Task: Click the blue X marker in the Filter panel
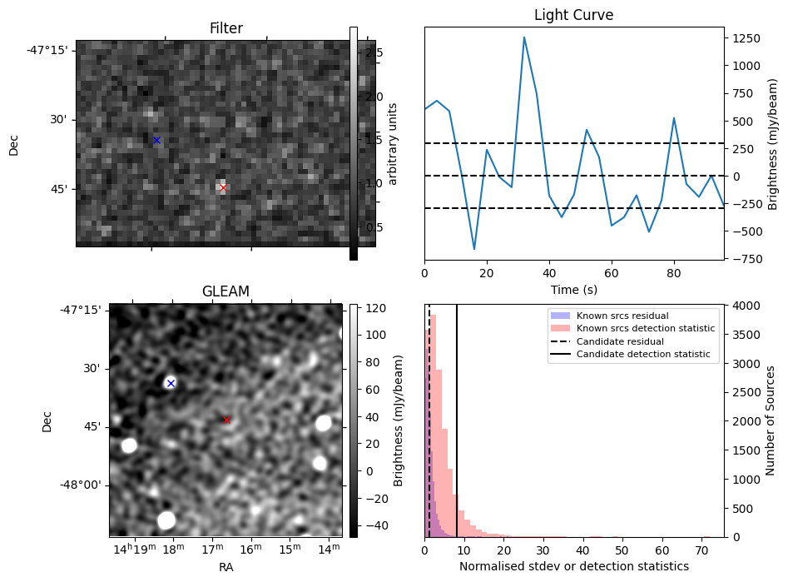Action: (156, 141)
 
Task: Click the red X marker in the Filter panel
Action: (223, 187)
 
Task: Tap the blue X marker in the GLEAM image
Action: (171, 383)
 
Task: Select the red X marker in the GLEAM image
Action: (227, 420)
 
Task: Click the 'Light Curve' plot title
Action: (573, 16)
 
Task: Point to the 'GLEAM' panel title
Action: (225, 291)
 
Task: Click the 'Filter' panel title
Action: (225, 29)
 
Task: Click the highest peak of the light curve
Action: (524, 37)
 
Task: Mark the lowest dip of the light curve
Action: (474, 249)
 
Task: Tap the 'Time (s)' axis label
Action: (573, 290)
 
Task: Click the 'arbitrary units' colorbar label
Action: (394, 143)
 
